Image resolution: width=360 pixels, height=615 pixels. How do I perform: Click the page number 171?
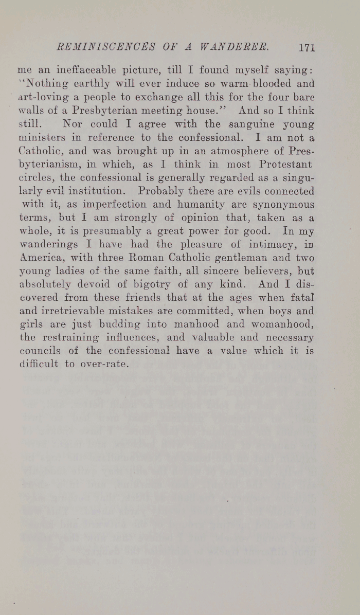coord(306,48)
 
